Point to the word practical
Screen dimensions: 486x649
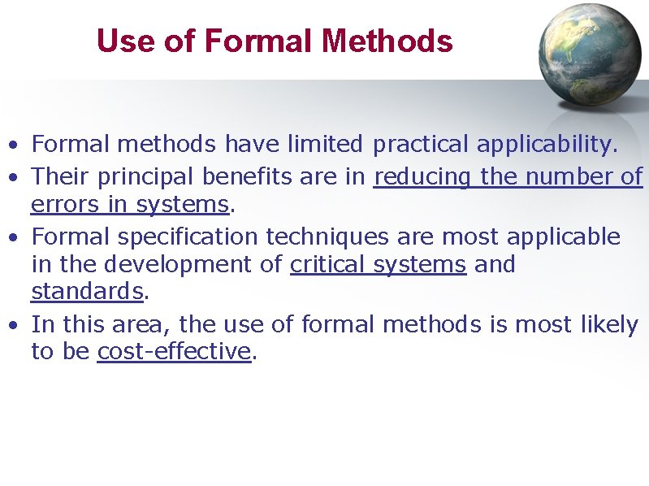click(x=421, y=145)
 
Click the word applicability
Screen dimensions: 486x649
click(x=547, y=145)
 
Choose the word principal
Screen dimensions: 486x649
click(x=149, y=176)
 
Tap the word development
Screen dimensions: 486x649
click(x=178, y=265)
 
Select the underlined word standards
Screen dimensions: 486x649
click(x=86, y=291)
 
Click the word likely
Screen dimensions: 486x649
click(x=609, y=325)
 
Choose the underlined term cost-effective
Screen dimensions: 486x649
click(x=174, y=352)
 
